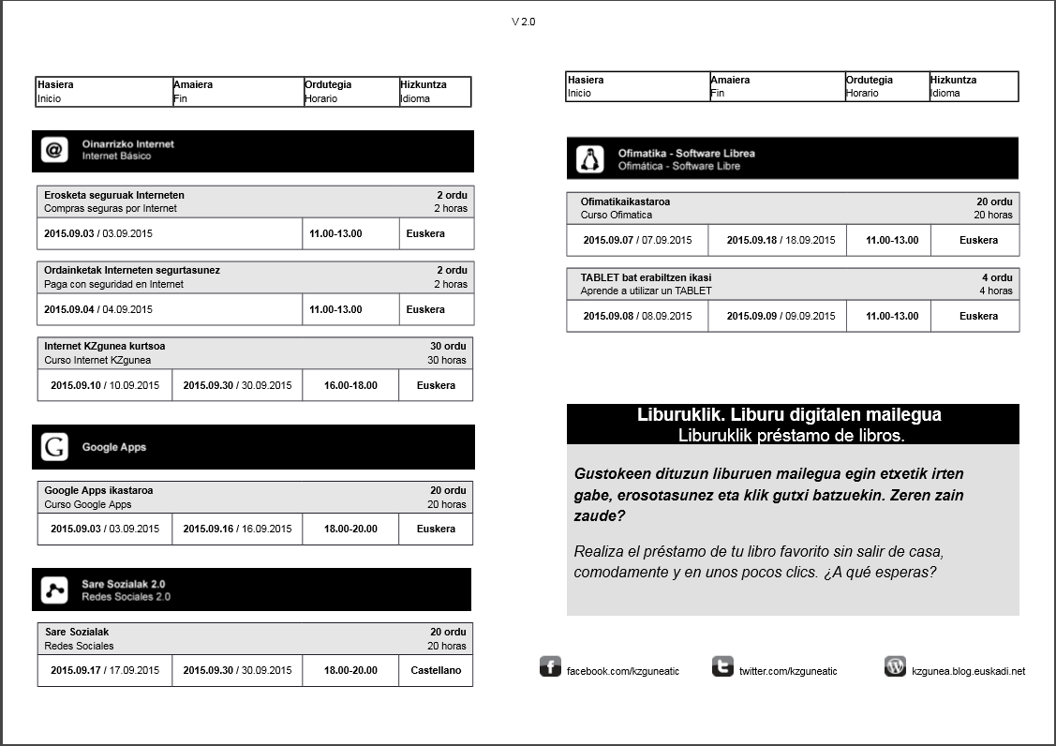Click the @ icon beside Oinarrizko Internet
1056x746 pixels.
pyautogui.click(x=54, y=150)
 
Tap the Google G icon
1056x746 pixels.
pyautogui.click(x=54, y=447)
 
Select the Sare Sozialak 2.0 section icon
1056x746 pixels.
pyautogui.click(x=54, y=589)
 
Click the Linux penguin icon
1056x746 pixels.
pyautogui.click(x=589, y=159)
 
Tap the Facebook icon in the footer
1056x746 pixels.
pyautogui.click(x=550, y=667)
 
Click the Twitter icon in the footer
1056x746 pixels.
pyautogui.click(x=722, y=667)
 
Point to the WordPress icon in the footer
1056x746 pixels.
pyautogui.click(x=895, y=667)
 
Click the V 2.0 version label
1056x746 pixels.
pyautogui.click(x=524, y=22)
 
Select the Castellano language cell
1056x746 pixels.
pyautogui.click(x=436, y=670)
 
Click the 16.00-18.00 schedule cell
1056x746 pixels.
pyautogui.click(x=350, y=385)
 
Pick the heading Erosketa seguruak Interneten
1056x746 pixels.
pyautogui.click(x=114, y=195)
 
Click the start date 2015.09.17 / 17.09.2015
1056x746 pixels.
pyautogui.click(x=105, y=670)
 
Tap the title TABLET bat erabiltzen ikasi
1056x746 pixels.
pyautogui.click(x=646, y=277)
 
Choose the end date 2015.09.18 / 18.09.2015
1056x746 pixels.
pyautogui.click(x=781, y=240)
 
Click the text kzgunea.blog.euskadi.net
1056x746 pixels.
pyautogui.click(x=968, y=671)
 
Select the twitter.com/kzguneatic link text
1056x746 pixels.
pyautogui.click(x=788, y=671)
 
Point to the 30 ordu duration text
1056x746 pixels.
pyautogui.click(x=448, y=346)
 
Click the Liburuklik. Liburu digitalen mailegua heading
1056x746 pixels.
pyautogui.click(x=789, y=414)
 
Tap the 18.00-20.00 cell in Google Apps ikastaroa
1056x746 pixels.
pyautogui.click(x=350, y=529)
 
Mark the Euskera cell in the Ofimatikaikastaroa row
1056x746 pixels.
pyautogui.click(x=978, y=240)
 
